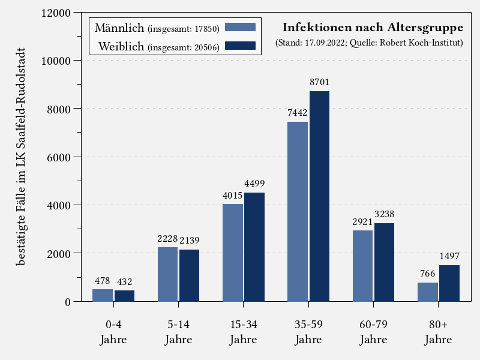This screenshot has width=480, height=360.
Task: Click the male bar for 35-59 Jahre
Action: pyautogui.click(x=298, y=211)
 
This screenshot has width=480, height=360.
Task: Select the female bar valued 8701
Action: pyautogui.click(x=319, y=196)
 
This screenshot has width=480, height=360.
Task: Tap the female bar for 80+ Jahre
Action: pyautogui.click(x=449, y=283)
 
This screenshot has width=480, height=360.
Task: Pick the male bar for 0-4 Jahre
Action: pyautogui.click(x=103, y=295)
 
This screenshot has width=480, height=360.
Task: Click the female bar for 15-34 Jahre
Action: pyautogui.click(x=254, y=247)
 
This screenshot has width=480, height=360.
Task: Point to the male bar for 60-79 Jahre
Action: pyautogui.click(x=362, y=266)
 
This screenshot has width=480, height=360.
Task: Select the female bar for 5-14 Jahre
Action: pyautogui.click(x=190, y=275)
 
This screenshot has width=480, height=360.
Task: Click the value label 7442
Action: pyautogui.click(x=298, y=113)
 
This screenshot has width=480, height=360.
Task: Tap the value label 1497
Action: pyautogui.click(x=449, y=256)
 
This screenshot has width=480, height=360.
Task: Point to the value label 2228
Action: pyautogui.click(x=167, y=238)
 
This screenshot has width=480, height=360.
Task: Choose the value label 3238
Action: pyautogui.click(x=384, y=214)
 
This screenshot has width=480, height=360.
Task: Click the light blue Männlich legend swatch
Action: pyautogui.click(x=240, y=27)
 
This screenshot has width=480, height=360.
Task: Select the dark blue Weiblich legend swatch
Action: pyautogui.click(x=240, y=46)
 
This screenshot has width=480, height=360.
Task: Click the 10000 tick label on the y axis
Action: pyautogui.click(x=55, y=61)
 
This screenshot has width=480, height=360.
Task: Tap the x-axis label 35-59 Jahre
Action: pyautogui.click(x=308, y=332)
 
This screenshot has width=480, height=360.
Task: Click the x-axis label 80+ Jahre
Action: pyautogui.click(x=439, y=332)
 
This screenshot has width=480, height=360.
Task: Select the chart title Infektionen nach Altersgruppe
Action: pyautogui.click(x=373, y=28)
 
